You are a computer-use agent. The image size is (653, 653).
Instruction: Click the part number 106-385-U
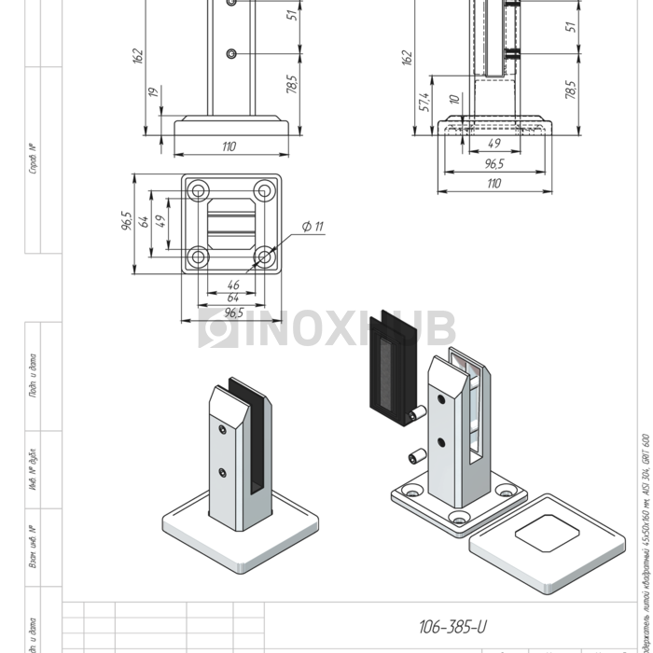click(452, 626)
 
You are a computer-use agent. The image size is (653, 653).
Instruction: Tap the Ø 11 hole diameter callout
click(313, 227)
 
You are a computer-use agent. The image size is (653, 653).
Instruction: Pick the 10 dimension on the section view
click(452, 99)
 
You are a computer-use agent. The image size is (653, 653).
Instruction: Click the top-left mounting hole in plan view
click(198, 191)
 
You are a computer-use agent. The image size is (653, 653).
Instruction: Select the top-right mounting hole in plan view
click(265, 191)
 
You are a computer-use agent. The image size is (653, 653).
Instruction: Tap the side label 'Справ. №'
click(33, 159)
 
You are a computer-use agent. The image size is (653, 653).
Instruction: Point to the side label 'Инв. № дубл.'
click(33, 469)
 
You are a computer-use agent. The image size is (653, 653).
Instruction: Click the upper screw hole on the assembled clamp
click(221, 429)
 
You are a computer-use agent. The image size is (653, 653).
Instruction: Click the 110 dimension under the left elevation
click(229, 146)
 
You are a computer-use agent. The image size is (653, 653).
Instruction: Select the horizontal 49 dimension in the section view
click(493, 144)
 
